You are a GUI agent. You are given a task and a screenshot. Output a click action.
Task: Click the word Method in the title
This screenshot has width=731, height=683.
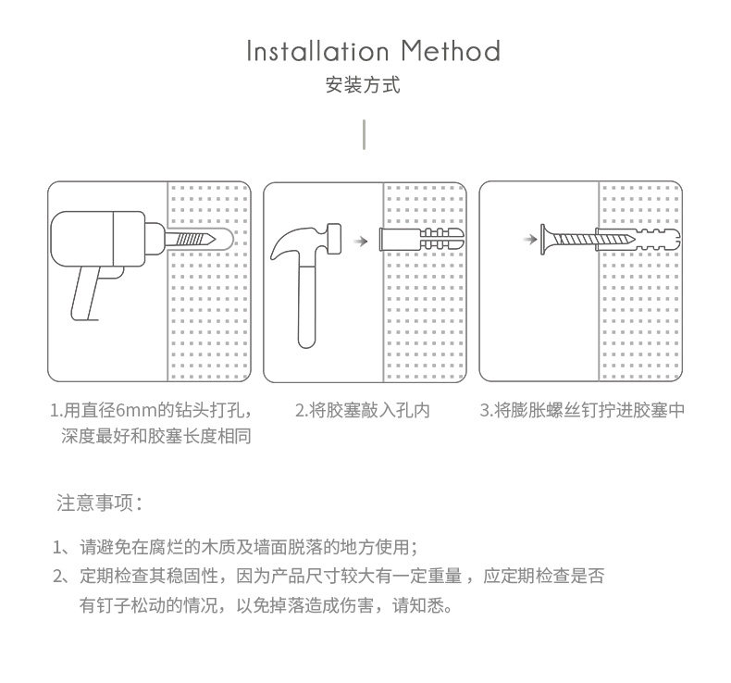click(452, 51)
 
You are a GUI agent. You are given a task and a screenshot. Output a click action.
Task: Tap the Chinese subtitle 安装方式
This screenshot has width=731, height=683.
click(364, 86)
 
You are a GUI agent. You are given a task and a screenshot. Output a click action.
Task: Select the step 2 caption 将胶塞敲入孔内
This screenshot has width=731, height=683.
click(363, 410)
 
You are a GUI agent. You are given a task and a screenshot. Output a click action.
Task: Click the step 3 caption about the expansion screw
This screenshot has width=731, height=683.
click(583, 410)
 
